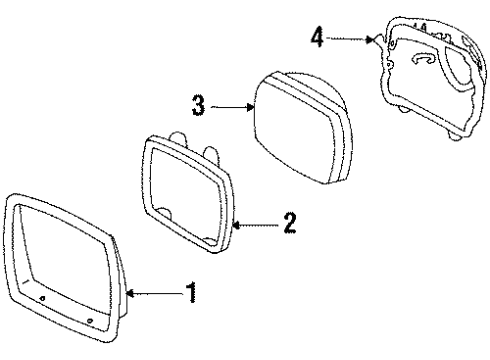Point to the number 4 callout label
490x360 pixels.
[317, 37]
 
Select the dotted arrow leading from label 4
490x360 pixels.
[348, 38]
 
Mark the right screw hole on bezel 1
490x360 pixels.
[90, 320]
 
